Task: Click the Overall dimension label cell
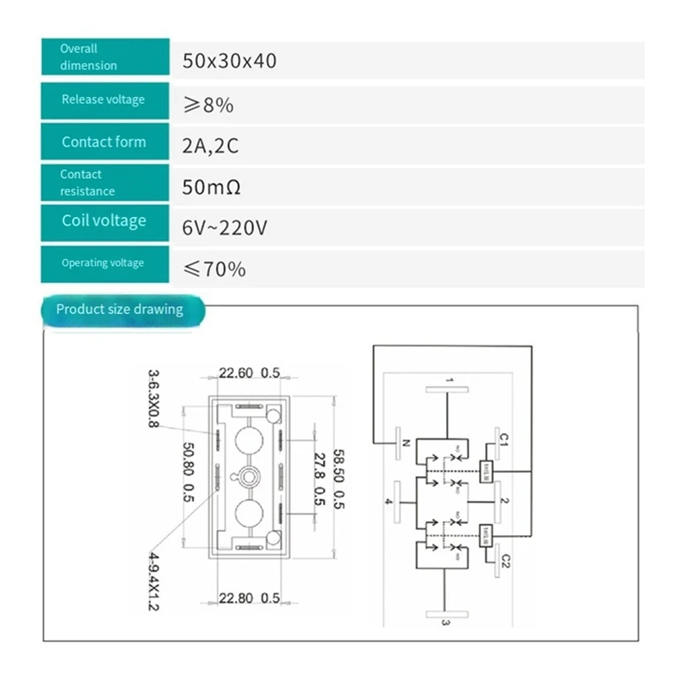click(105, 58)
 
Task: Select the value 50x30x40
click(229, 61)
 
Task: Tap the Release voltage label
click(105, 100)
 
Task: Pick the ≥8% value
click(208, 105)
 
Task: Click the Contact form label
click(105, 142)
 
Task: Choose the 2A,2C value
click(210, 146)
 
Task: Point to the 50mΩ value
click(211, 188)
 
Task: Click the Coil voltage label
click(105, 221)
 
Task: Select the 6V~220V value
click(225, 229)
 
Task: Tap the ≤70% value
click(214, 270)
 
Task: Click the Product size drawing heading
click(120, 309)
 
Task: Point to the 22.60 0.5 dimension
click(250, 373)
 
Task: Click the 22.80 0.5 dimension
click(250, 599)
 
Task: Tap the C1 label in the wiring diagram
click(505, 439)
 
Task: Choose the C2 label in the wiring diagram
click(505, 560)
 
